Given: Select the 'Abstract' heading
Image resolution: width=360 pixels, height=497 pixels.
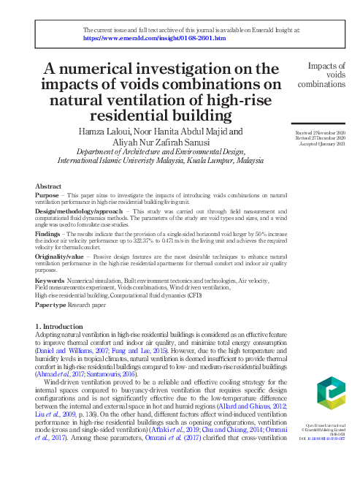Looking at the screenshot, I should click(x=48, y=187).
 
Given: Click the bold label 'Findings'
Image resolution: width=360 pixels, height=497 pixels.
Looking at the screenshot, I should click(x=49, y=232).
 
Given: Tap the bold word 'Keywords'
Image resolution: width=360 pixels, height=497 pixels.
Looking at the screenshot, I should click(x=50, y=280).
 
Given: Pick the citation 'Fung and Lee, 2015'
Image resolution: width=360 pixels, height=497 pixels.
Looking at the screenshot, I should click(x=131, y=350).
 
